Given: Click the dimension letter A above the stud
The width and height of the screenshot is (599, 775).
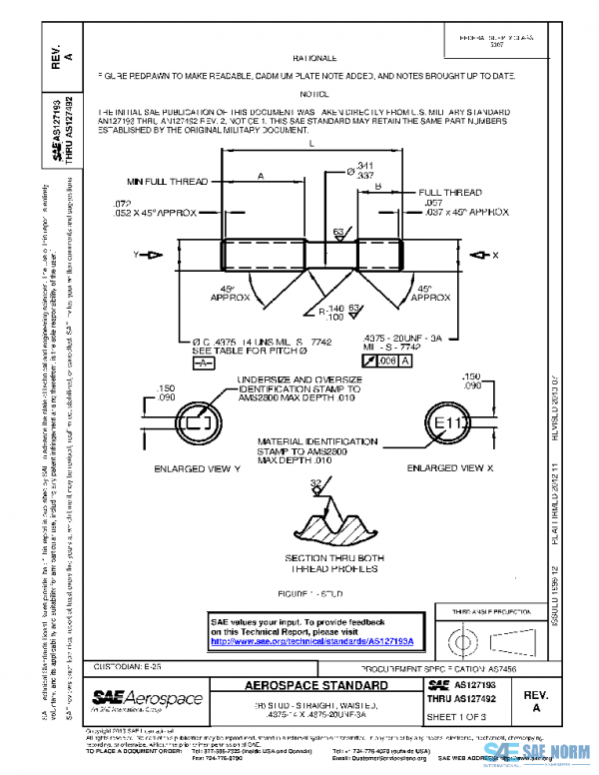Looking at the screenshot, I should tap(261, 175).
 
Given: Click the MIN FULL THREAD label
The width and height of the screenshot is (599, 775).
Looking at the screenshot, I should tap(167, 182).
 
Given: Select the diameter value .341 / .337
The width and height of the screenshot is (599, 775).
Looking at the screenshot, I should tap(360, 170).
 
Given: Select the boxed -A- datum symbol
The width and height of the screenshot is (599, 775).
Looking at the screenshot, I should tap(203, 363).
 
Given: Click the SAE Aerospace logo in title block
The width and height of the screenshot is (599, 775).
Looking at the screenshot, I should tap(147, 699).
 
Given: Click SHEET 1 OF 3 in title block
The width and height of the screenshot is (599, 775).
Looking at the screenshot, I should tap(454, 716).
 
